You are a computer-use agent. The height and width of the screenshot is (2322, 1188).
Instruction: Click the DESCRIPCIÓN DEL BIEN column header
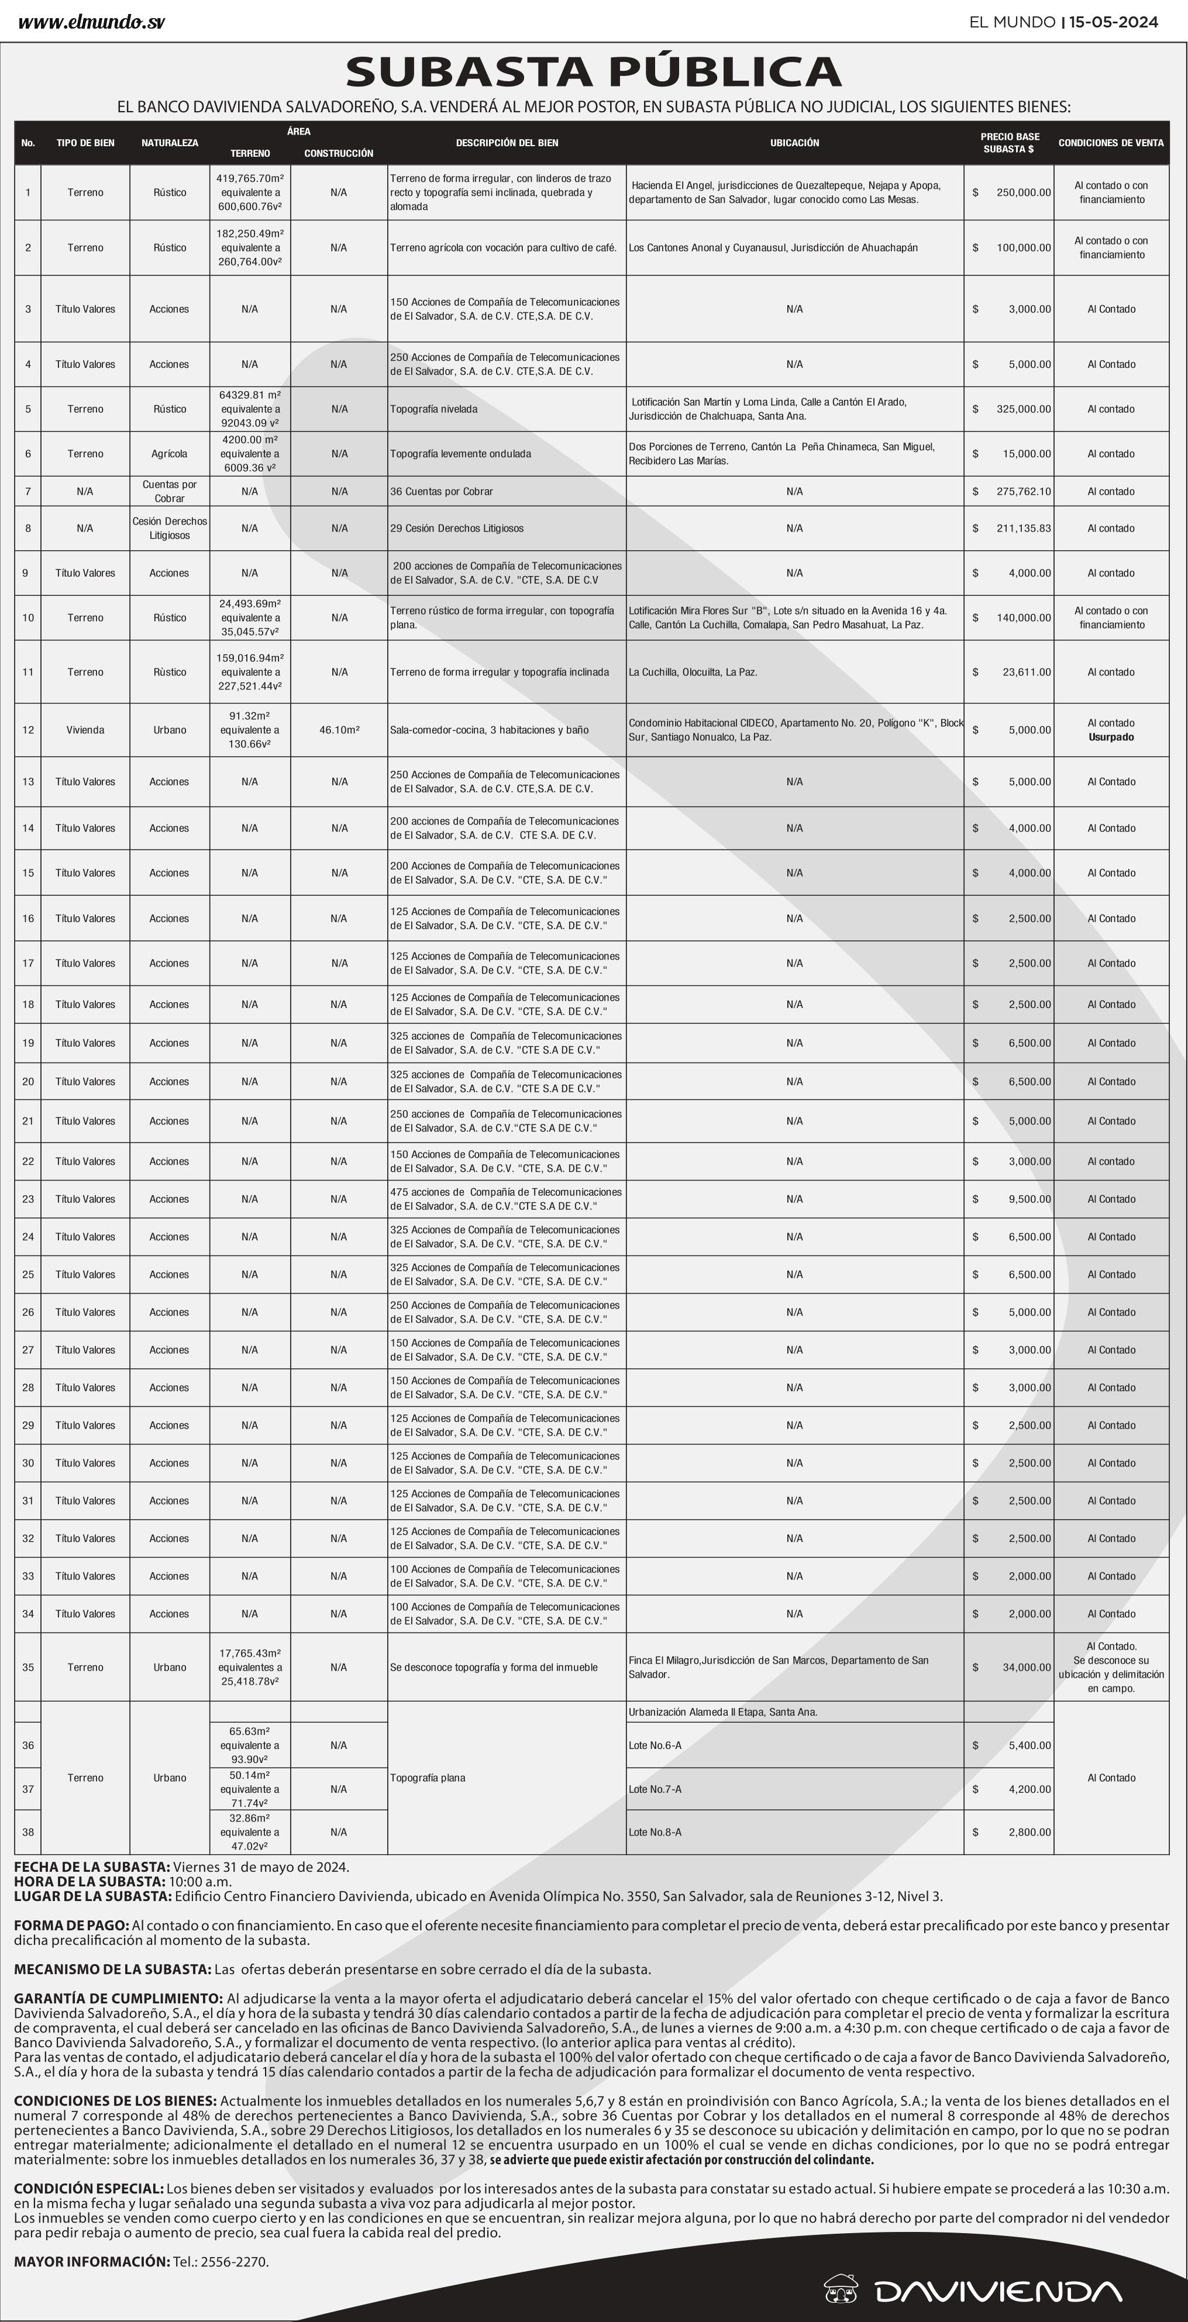[507, 143]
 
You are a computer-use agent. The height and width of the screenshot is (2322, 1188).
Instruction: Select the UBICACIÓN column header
[794, 143]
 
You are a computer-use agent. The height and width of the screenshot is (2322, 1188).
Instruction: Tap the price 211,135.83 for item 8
[1023, 528]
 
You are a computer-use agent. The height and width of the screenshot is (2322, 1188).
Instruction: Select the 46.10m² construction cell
[339, 730]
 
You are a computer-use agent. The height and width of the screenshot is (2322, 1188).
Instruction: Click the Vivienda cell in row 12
[85, 730]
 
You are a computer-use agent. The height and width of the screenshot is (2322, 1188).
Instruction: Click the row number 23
[28, 1199]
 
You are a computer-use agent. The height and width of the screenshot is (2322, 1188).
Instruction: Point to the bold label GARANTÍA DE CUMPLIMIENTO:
[118, 1999]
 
